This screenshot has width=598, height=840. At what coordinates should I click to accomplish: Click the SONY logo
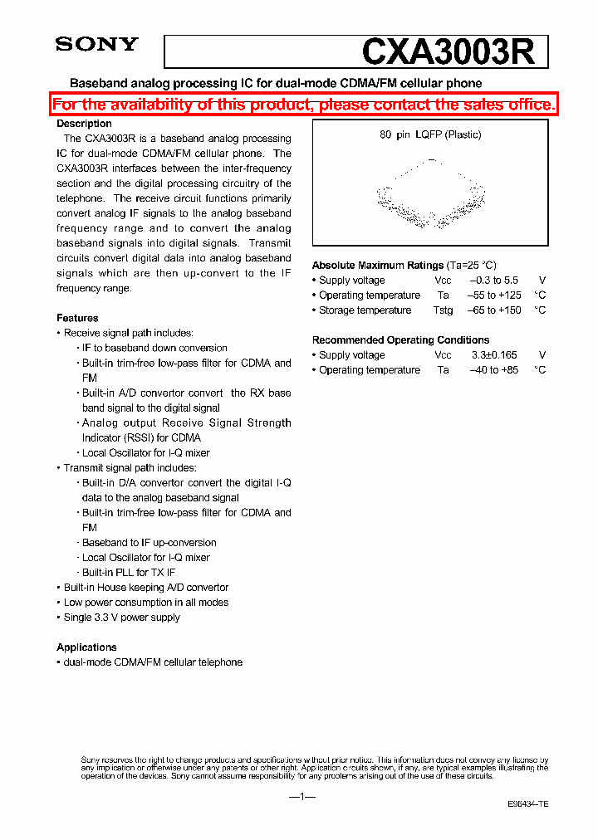click(x=96, y=45)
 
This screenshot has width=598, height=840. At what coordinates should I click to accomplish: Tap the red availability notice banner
click(x=303, y=105)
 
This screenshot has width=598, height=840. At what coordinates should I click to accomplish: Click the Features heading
click(x=77, y=318)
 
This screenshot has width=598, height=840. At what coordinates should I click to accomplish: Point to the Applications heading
click(x=86, y=647)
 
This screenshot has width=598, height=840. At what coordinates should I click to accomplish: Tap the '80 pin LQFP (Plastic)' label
click(x=430, y=134)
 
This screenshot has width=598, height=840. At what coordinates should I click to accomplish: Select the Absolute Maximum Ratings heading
click(x=378, y=266)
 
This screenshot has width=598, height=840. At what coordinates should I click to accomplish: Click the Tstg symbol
click(x=443, y=310)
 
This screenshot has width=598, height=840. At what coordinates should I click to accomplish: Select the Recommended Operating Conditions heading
click(x=400, y=340)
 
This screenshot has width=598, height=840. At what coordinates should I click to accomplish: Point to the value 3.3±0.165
click(x=493, y=355)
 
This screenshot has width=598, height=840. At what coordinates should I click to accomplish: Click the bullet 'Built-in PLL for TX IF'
click(x=129, y=573)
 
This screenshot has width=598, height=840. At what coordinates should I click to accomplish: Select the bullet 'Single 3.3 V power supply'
click(x=122, y=618)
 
